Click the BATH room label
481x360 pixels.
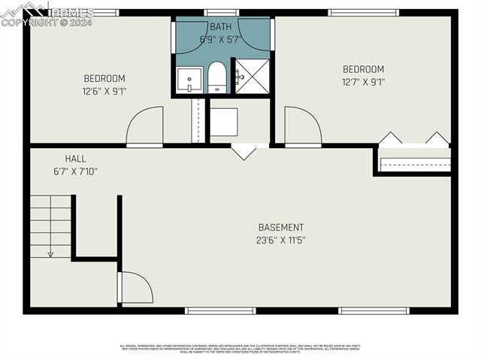pos(220,27)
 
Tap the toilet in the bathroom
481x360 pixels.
pos(216,78)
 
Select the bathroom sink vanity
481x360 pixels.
pos(189,79)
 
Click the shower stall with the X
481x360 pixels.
pos(251,76)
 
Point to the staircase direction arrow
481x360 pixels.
pos(50,253)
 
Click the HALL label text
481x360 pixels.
pos(75,159)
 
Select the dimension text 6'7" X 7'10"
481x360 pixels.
pos(75,171)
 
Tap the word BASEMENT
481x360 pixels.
pos(280,228)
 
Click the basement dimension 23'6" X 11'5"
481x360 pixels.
pos(280,241)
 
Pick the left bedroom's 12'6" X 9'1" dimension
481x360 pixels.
pos(104,92)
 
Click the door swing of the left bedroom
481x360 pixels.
pos(145,126)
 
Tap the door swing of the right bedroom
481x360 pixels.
pos(302,126)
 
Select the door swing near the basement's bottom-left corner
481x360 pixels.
pos(136,289)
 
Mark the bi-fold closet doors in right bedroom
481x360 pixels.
pos(413,138)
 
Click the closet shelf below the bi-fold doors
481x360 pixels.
pos(414,163)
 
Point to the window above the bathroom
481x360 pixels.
pos(222,13)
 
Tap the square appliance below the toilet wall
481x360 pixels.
pos(223,122)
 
